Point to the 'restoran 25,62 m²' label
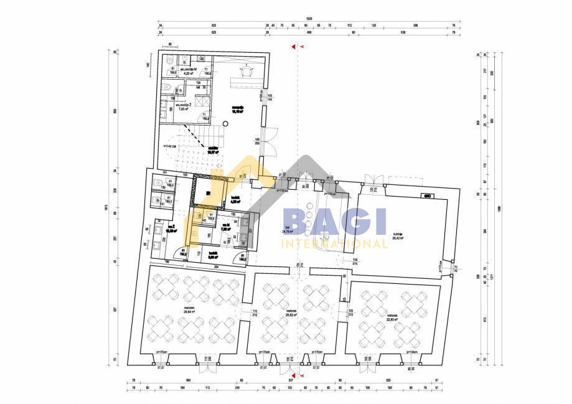tap(291, 313)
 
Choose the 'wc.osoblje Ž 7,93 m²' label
tap(182, 107)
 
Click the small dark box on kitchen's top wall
tap(428, 195)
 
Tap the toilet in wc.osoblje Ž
tap(167, 88)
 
